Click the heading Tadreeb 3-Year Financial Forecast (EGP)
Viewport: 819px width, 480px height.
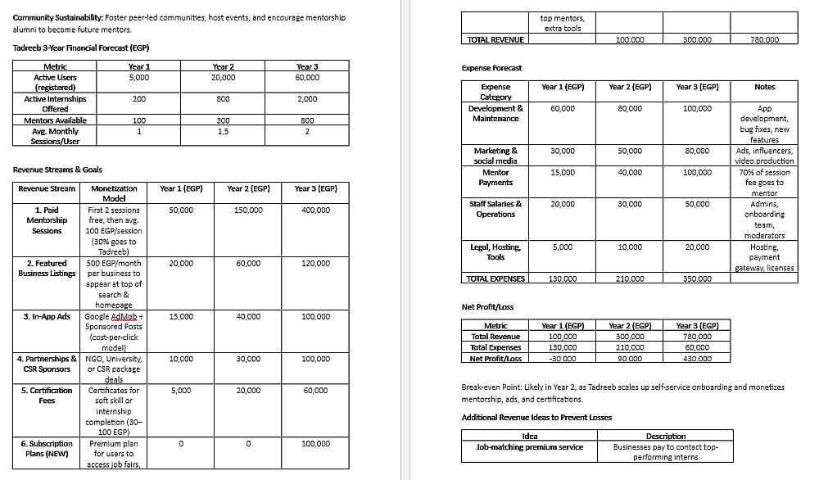tap(80, 48)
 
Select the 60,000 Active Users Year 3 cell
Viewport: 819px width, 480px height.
tap(307, 77)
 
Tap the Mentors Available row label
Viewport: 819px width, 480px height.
tap(56, 120)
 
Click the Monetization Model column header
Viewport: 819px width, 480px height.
tap(114, 193)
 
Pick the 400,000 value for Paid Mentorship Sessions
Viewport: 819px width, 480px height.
tap(315, 210)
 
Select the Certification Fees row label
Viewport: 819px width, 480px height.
tap(47, 396)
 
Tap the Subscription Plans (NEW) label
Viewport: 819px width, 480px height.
tap(47, 449)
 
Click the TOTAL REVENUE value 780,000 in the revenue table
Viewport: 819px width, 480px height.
tap(765, 39)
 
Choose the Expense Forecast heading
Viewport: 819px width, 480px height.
tap(491, 68)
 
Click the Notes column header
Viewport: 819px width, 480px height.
tap(764, 87)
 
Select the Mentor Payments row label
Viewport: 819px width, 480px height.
tap(495, 177)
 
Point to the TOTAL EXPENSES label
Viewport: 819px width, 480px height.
tap(495, 278)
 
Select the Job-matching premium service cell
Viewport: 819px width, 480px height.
tap(529, 446)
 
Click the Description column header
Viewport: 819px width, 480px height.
tap(665, 436)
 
